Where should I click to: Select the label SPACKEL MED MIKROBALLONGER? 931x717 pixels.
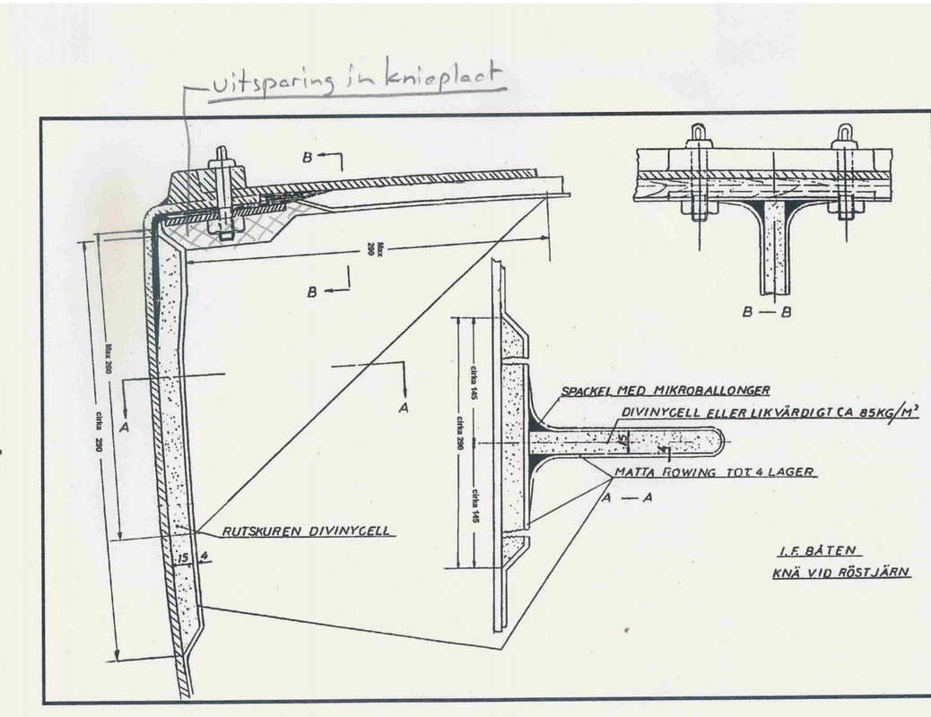(x=666, y=391)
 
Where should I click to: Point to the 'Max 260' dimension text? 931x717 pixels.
(x=109, y=363)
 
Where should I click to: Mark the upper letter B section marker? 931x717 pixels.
(x=308, y=157)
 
